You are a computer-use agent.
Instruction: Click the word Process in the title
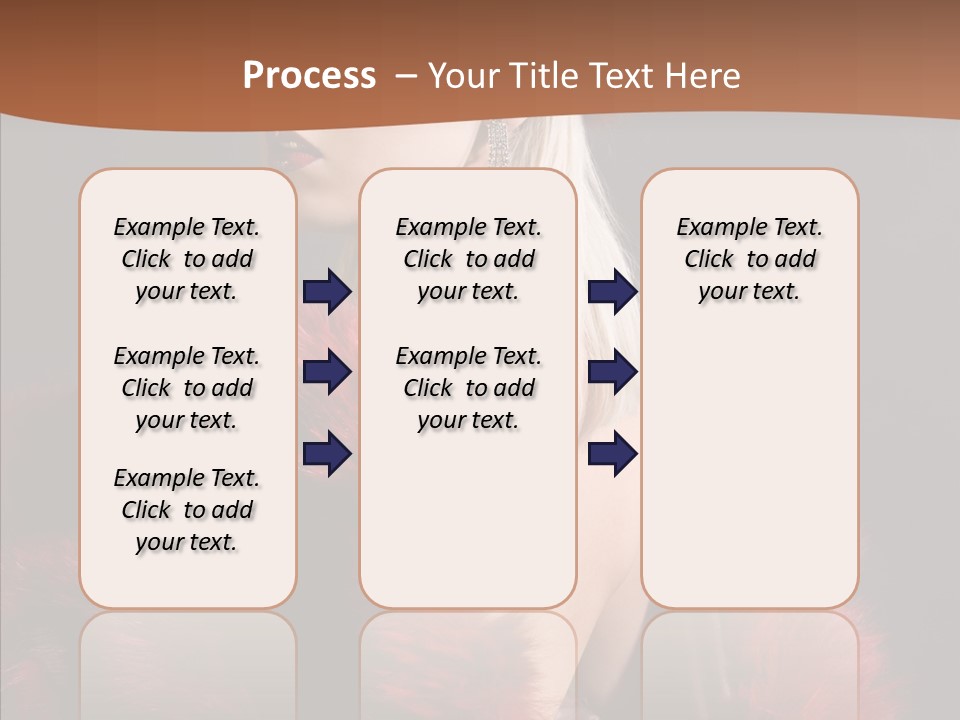click(309, 76)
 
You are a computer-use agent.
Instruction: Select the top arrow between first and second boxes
click(327, 291)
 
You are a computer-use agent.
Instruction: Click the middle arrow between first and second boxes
click(327, 373)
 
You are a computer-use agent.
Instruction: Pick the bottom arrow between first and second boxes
click(327, 454)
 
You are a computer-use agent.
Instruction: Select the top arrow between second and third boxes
click(612, 291)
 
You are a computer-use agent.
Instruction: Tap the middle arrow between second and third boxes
click(612, 373)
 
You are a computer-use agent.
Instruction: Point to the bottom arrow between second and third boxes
click(612, 454)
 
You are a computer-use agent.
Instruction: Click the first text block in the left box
click(187, 259)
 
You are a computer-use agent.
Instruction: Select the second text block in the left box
click(187, 388)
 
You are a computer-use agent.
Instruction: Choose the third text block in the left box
click(187, 510)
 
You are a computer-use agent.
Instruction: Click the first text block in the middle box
click(469, 259)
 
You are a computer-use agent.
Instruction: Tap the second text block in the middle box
click(469, 388)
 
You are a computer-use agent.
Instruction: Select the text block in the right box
click(750, 259)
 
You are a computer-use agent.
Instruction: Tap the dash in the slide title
click(405, 76)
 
